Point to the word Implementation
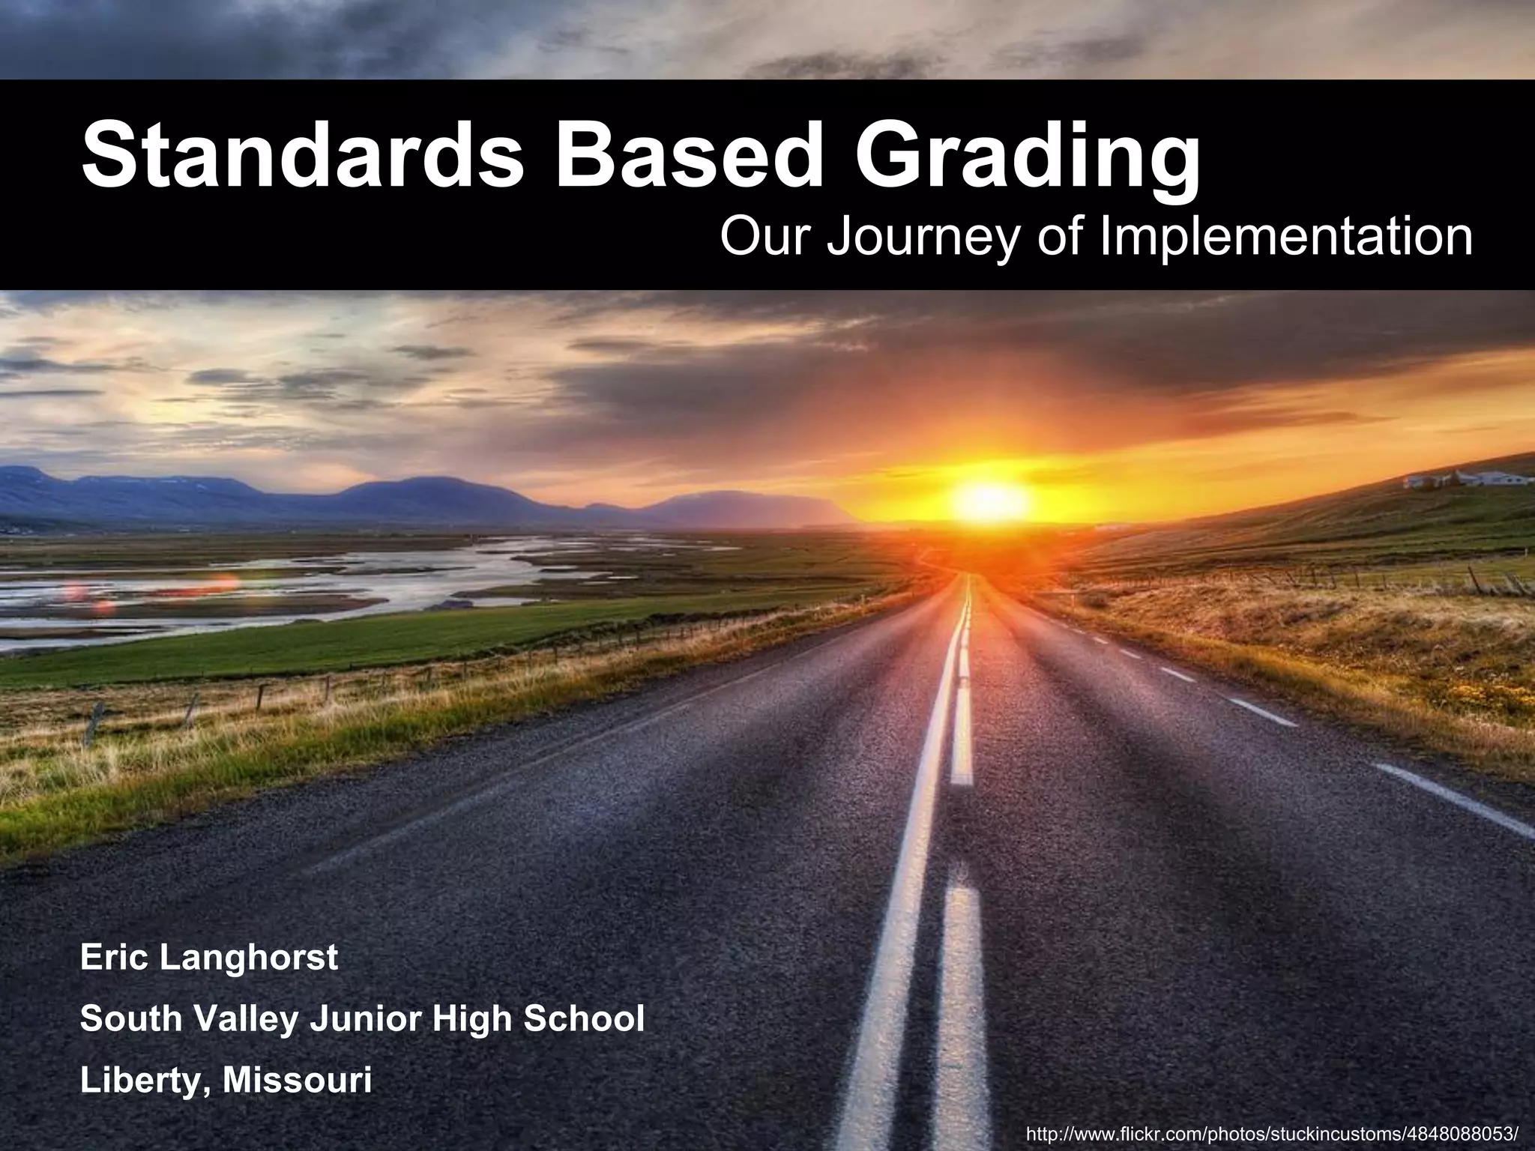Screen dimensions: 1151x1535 point(1285,238)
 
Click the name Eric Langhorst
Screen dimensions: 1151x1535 point(209,958)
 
